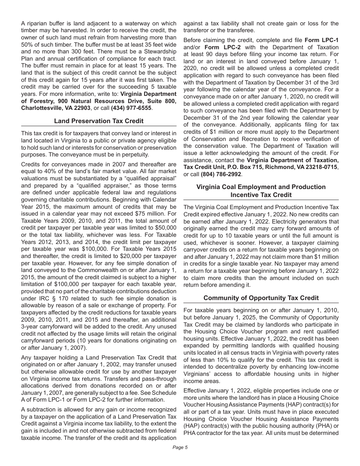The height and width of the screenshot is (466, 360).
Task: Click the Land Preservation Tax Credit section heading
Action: [x=99, y=121]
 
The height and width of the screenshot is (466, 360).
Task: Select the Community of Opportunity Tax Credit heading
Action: [x=261, y=298]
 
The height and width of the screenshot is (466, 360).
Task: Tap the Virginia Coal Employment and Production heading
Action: [x=261, y=187]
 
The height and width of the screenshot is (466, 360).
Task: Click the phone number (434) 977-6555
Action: [x=131, y=108]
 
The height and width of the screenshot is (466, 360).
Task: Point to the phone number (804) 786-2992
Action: [x=222, y=174]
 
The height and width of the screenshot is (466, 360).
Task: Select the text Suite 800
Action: [x=161, y=101]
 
